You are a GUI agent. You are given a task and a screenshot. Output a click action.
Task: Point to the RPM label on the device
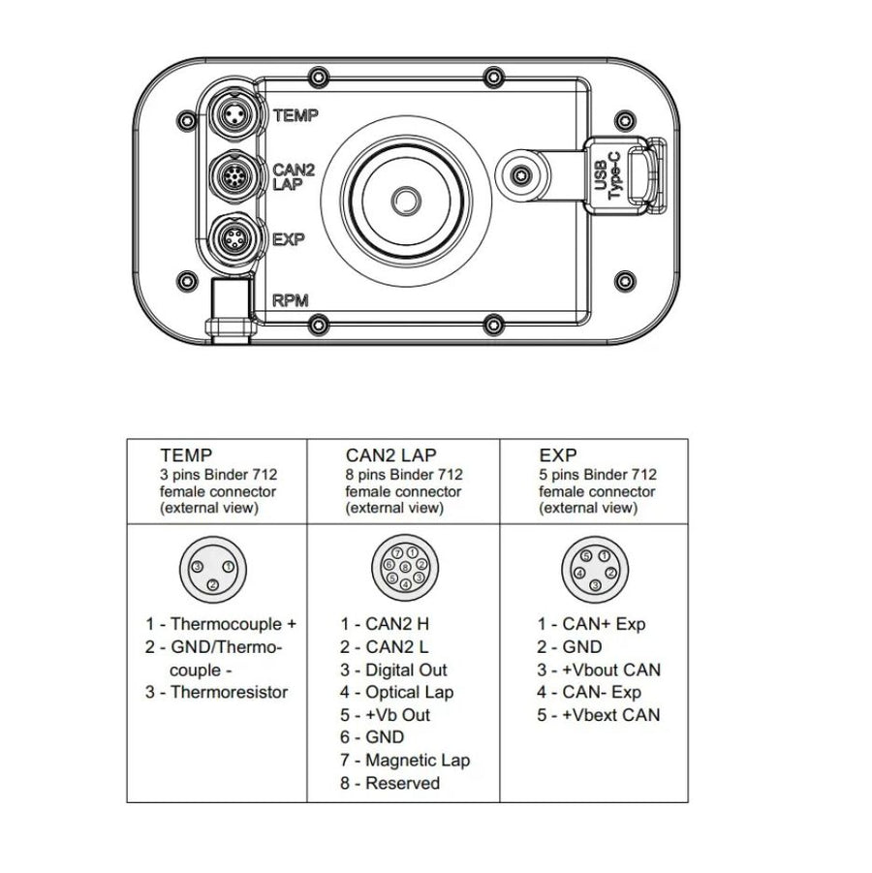coord(291,300)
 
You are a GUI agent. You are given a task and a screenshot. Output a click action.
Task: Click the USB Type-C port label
coord(607,177)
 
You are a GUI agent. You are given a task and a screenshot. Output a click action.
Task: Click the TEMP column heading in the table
coord(186,453)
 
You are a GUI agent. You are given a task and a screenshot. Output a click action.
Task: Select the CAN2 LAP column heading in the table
coord(390,453)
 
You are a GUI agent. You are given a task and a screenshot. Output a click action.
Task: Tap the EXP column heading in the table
coord(558,453)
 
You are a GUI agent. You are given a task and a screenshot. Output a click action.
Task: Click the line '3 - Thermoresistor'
coord(217,692)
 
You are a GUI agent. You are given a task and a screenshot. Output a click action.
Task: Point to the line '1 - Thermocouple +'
coord(221,624)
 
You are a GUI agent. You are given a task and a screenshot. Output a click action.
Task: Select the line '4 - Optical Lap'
coord(396,692)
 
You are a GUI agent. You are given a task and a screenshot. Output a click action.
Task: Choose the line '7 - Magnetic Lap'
coord(405,761)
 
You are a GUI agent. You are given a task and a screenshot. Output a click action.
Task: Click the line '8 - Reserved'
coord(389,783)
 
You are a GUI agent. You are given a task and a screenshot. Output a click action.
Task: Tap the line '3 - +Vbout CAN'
coord(600,670)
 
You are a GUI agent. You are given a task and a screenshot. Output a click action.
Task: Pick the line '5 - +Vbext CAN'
coord(599,715)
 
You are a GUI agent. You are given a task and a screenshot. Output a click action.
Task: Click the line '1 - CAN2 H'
coord(385,624)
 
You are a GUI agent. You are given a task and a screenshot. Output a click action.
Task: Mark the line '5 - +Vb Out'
coord(385,715)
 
